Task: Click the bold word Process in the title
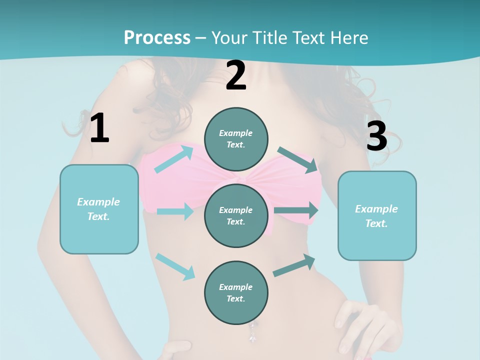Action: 157,37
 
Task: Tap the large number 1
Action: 99,128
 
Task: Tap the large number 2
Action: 236,76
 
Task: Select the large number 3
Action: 376,136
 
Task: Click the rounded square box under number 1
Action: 99,209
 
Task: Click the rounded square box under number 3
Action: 377,216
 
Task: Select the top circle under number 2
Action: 236,139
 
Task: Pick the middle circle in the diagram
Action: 236,215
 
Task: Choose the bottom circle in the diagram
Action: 236,292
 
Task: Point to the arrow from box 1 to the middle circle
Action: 175,211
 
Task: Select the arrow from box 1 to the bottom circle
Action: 175,266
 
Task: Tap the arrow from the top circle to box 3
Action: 297,159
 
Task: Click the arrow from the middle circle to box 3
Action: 296,210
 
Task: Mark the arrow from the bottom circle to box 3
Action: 294,265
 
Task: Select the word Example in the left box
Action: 98,201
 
